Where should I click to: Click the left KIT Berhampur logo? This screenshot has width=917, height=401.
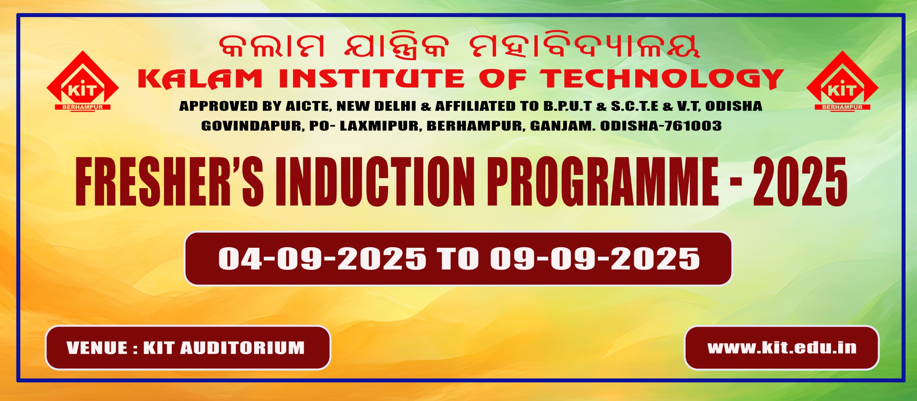(83, 81)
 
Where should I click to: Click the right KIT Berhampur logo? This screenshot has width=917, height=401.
(842, 81)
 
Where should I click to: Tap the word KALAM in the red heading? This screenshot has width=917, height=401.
(200, 79)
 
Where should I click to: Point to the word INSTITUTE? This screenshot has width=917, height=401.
(371, 79)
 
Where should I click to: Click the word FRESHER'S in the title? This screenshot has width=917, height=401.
(169, 182)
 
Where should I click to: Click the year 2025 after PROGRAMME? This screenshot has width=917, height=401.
(800, 182)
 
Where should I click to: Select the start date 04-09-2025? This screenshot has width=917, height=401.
(322, 259)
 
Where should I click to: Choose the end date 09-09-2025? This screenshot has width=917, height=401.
(595, 259)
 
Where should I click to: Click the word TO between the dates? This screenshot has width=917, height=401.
(458, 259)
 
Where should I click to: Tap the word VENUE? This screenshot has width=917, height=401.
(97, 348)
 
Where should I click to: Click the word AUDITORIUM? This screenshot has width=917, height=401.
(243, 348)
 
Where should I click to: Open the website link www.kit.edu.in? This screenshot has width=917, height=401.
(782, 348)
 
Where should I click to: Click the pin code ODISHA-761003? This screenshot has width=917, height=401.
(661, 126)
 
